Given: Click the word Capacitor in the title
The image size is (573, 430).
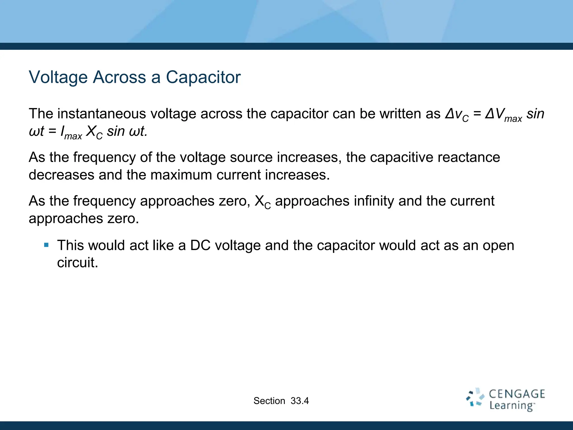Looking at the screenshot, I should (x=203, y=77).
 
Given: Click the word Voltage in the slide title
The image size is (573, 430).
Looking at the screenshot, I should (x=58, y=77).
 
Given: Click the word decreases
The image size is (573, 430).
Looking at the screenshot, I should (x=61, y=175).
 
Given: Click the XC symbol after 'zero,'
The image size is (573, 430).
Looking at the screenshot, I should (x=262, y=202).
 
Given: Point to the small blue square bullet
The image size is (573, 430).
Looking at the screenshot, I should (x=46, y=245).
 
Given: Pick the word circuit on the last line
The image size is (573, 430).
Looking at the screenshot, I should (x=78, y=263).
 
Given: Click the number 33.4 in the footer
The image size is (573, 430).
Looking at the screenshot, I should (x=300, y=401).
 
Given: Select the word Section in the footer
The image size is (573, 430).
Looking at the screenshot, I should (x=269, y=401).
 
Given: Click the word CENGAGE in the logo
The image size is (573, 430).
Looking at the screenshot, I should (x=517, y=394).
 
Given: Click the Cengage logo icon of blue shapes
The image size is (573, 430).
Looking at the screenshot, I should (x=475, y=398).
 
